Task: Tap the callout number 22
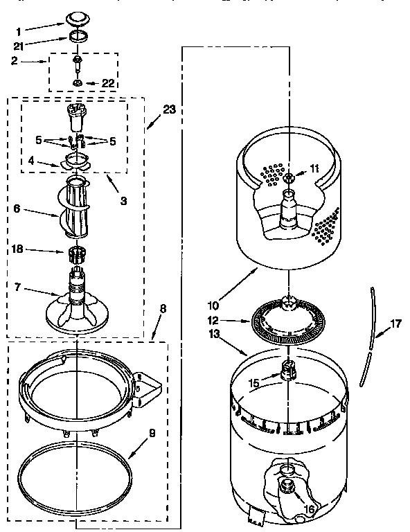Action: [107, 83]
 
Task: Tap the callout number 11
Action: [314, 168]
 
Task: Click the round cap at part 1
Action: [75, 19]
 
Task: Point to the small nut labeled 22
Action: [78, 84]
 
